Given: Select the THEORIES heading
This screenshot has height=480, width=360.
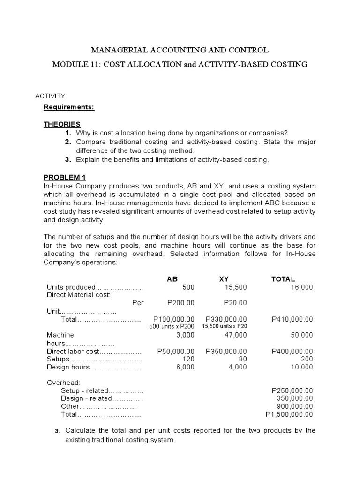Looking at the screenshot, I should pyautogui.click(x=62, y=124).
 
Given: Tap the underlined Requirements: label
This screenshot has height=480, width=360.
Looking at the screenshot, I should pyautogui.click(x=69, y=107).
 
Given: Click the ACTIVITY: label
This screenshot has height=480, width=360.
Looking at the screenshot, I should pyautogui.click(x=51, y=96).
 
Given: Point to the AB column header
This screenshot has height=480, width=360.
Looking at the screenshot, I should pyautogui.click(x=172, y=279).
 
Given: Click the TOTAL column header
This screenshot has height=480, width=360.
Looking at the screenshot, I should pyautogui.click(x=283, y=279).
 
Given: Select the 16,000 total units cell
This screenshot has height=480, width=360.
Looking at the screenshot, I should pyautogui.click(x=301, y=287).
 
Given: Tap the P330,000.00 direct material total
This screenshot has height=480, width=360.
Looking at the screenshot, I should pyautogui.click(x=226, y=319).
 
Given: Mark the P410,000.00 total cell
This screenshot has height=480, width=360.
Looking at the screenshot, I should pyautogui.click(x=292, y=319).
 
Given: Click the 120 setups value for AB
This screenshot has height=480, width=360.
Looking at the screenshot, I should pyautogui.click(x=188, y=359).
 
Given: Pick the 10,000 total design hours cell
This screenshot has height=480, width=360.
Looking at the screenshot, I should pyautogui.click(x=301, y=367).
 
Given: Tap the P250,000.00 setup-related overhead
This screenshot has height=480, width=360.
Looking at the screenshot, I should pyautogui.click(x=292, y=390).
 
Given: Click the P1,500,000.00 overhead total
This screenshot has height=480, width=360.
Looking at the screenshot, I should pyautogui.click(x=289, y=414).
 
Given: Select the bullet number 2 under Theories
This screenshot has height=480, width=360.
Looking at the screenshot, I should pyautogui.click(x=68, y=142).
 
